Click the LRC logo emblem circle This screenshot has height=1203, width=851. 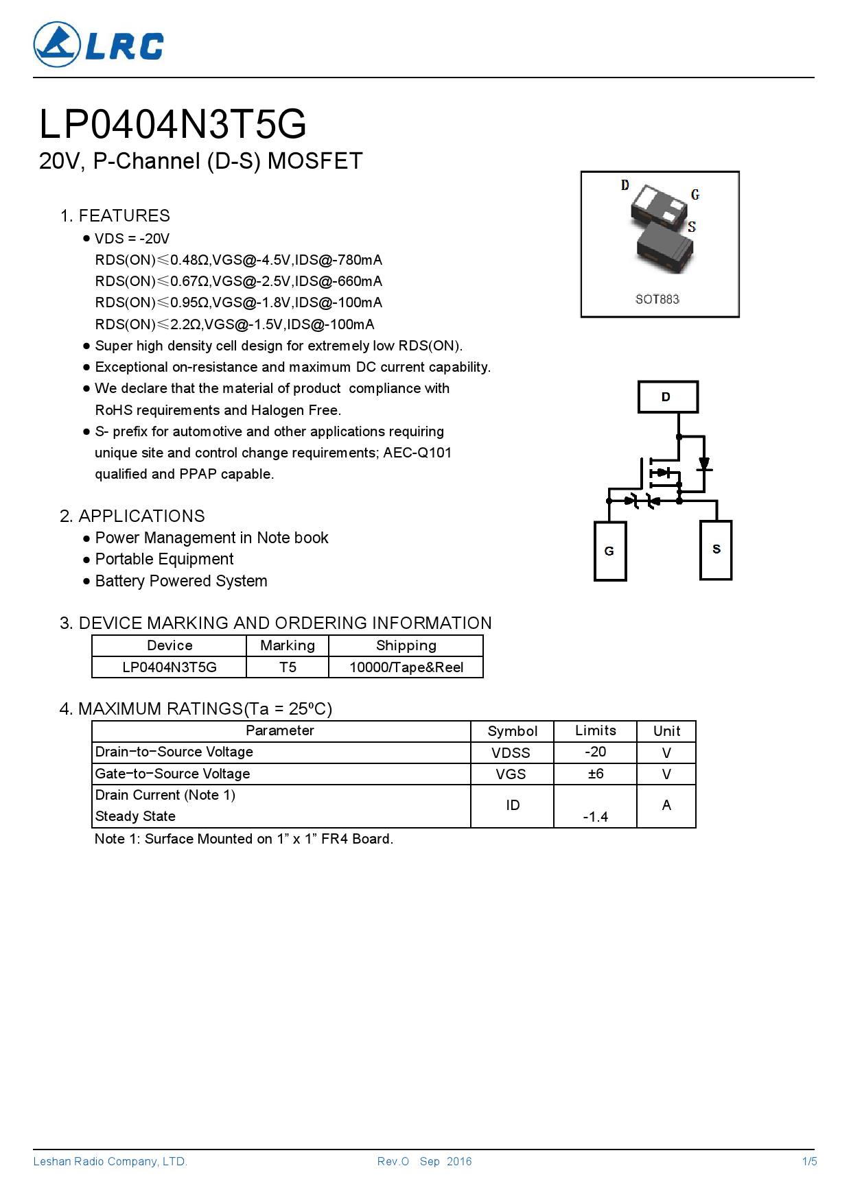point(57,45)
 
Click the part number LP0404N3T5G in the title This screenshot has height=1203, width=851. point(172,124)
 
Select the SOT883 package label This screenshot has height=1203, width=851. point(657,299)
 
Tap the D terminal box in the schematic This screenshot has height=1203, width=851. point(667,397)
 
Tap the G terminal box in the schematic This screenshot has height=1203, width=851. point(609,551)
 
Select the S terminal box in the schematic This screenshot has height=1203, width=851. point(716,549)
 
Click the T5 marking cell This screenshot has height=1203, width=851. point(288,667)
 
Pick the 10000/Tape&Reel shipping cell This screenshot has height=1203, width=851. point(406,667)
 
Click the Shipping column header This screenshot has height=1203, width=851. point(406,645)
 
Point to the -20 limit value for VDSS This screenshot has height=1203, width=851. point(595,752)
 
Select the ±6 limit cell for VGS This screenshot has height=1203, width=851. point(595,774)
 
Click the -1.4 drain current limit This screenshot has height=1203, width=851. point(595,816)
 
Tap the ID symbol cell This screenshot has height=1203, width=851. point(512,805)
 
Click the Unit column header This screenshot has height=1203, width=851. point(666,731)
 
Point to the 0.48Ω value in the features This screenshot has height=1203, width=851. point(189,260)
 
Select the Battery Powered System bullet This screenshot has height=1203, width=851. point(181,581)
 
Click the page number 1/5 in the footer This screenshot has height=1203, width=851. point(809,1161)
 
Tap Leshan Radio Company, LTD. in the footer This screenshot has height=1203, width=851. point(110,1161)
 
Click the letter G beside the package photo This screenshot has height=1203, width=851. point(695,195)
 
